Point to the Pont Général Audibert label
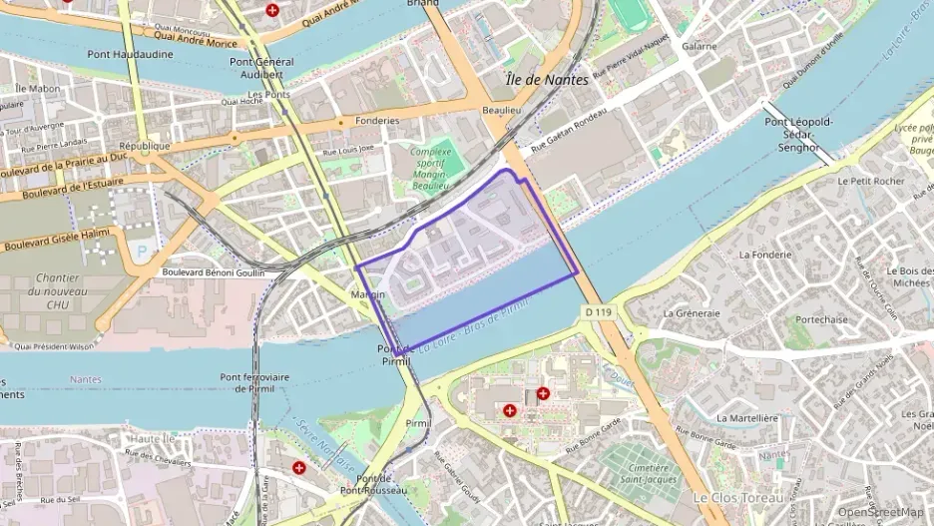tap(261, 67)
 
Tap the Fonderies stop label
tap(376, 121)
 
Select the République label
tap(145, 145)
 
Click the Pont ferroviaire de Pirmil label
tap(253, 382)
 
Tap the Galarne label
tap(699, 46)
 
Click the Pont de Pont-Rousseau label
tap(372, 484)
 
